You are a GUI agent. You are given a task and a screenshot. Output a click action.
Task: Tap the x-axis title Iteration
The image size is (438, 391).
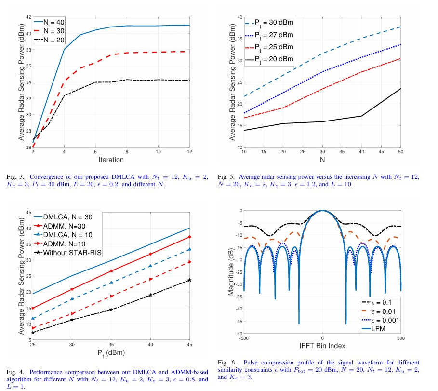(111, 160)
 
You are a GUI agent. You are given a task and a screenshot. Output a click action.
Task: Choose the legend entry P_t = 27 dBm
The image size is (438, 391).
(273, 35)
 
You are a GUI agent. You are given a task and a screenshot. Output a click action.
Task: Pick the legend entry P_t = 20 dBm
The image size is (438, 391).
(273, 59)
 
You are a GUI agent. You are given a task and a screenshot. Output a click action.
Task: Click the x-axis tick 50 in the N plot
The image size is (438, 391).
(400, 152)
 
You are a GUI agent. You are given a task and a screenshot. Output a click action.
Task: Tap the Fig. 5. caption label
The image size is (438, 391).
(226, 177)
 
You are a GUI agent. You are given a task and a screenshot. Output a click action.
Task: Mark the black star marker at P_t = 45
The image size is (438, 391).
(189, 280)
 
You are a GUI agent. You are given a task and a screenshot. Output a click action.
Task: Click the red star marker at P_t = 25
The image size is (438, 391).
(33, 308)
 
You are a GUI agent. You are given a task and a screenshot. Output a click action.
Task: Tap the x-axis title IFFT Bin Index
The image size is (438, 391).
(322, 346)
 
